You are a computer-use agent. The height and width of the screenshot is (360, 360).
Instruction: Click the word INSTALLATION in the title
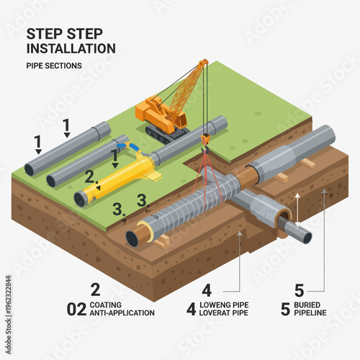pos(71,48)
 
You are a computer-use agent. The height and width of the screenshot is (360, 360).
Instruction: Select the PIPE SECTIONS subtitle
pos(54,66)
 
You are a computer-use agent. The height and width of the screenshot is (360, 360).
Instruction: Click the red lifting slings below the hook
pos(205,173)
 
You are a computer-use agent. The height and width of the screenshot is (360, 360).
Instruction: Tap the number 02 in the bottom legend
pos(76,310)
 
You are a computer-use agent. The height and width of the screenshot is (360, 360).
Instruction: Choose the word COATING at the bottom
pos(107,305)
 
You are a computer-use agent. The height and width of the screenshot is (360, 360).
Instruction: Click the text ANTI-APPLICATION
pos(122,314)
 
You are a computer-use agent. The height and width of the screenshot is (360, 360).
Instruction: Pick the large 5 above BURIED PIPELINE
pos(299,290)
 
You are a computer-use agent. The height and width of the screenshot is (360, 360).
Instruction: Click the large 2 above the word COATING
pos(95,290)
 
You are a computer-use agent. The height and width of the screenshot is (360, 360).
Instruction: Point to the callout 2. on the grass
pos(90,176)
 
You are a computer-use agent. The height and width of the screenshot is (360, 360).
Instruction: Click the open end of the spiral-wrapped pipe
pos(134,238)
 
